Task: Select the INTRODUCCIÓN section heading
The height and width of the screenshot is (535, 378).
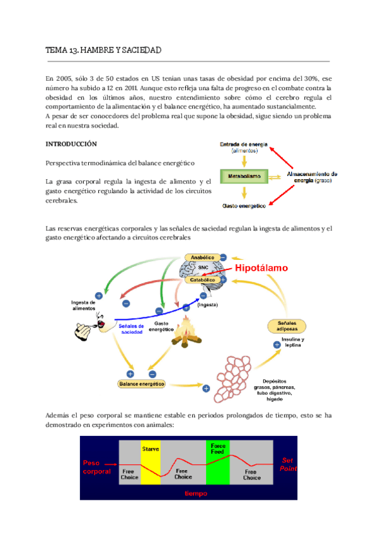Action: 71,144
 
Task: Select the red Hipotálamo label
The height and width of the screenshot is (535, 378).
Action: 262,268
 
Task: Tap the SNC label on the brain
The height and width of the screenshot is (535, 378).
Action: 203,267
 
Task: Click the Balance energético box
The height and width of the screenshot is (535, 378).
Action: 141,383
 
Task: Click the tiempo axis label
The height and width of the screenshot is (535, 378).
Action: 197,493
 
